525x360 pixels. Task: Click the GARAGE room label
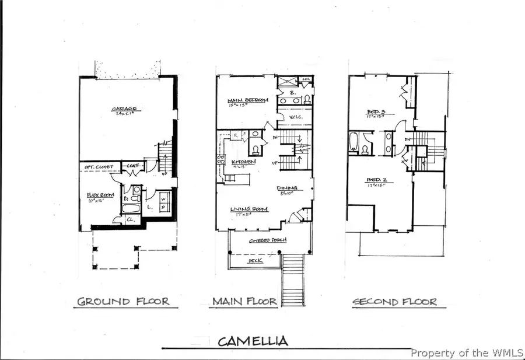(x=125, y=109)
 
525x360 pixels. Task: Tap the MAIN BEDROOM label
(x=248, y=100)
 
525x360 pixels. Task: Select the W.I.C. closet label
(x=296, y=117)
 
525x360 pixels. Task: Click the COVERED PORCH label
(x=262, y=240)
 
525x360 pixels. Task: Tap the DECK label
(x=256, y=261)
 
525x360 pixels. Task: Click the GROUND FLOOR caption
(x=124, y=302)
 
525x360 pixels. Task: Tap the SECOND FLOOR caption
(x=394, y=302)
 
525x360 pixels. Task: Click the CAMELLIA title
(x=253, y=341)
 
